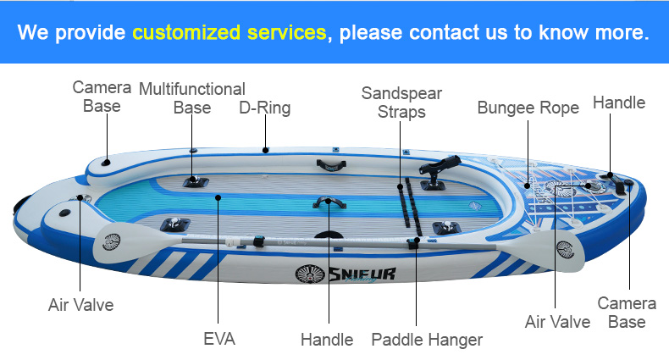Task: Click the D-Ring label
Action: click(264, 108)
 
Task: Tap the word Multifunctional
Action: click(192, 89)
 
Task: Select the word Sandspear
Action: click(401, 93)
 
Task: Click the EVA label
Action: click(219, 339)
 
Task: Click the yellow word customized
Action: click(186, 33)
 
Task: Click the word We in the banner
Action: click(33, 33)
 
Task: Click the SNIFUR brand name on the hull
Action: click(362, 274)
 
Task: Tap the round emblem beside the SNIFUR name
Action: click(310, 274)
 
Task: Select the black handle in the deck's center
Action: click(328, 202)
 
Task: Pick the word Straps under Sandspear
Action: click(401, 112)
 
